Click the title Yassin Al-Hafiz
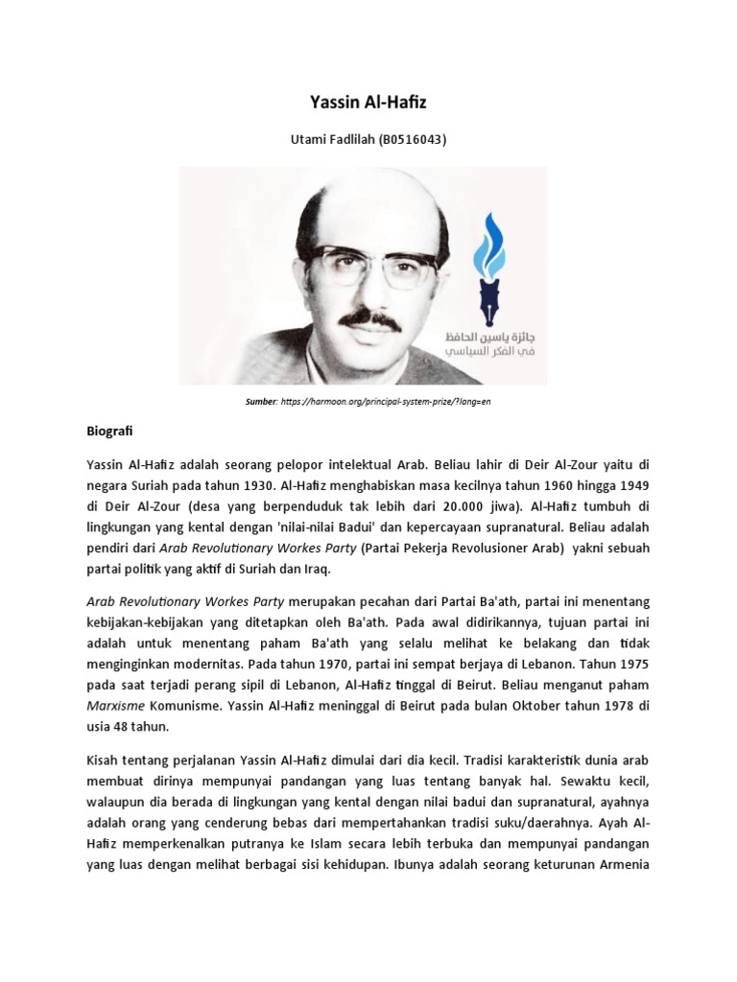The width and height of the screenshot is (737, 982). (x=368, y=101)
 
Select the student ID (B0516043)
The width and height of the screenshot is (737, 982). (x=407, y=140)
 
